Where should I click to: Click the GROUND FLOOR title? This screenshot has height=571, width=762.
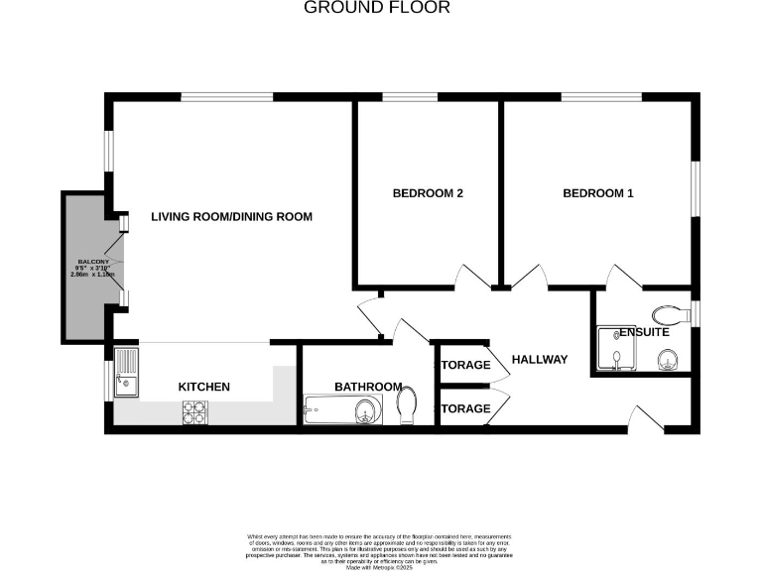376,8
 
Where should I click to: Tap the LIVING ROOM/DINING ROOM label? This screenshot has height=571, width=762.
231,217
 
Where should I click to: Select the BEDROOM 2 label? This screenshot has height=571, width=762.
428,193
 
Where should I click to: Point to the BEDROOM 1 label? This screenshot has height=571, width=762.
597,193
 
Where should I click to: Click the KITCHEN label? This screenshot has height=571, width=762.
203,387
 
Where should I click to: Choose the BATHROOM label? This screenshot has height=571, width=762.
367,387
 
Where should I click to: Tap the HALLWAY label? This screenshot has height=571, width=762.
540,359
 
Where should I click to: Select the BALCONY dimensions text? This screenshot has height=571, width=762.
94,269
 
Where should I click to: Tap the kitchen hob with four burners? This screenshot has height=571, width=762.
194,411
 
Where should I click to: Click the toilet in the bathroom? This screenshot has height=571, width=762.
407,405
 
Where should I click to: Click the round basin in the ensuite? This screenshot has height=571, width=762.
667,358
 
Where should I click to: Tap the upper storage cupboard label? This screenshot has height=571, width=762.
466,365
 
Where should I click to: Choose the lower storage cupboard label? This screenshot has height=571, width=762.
466,408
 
